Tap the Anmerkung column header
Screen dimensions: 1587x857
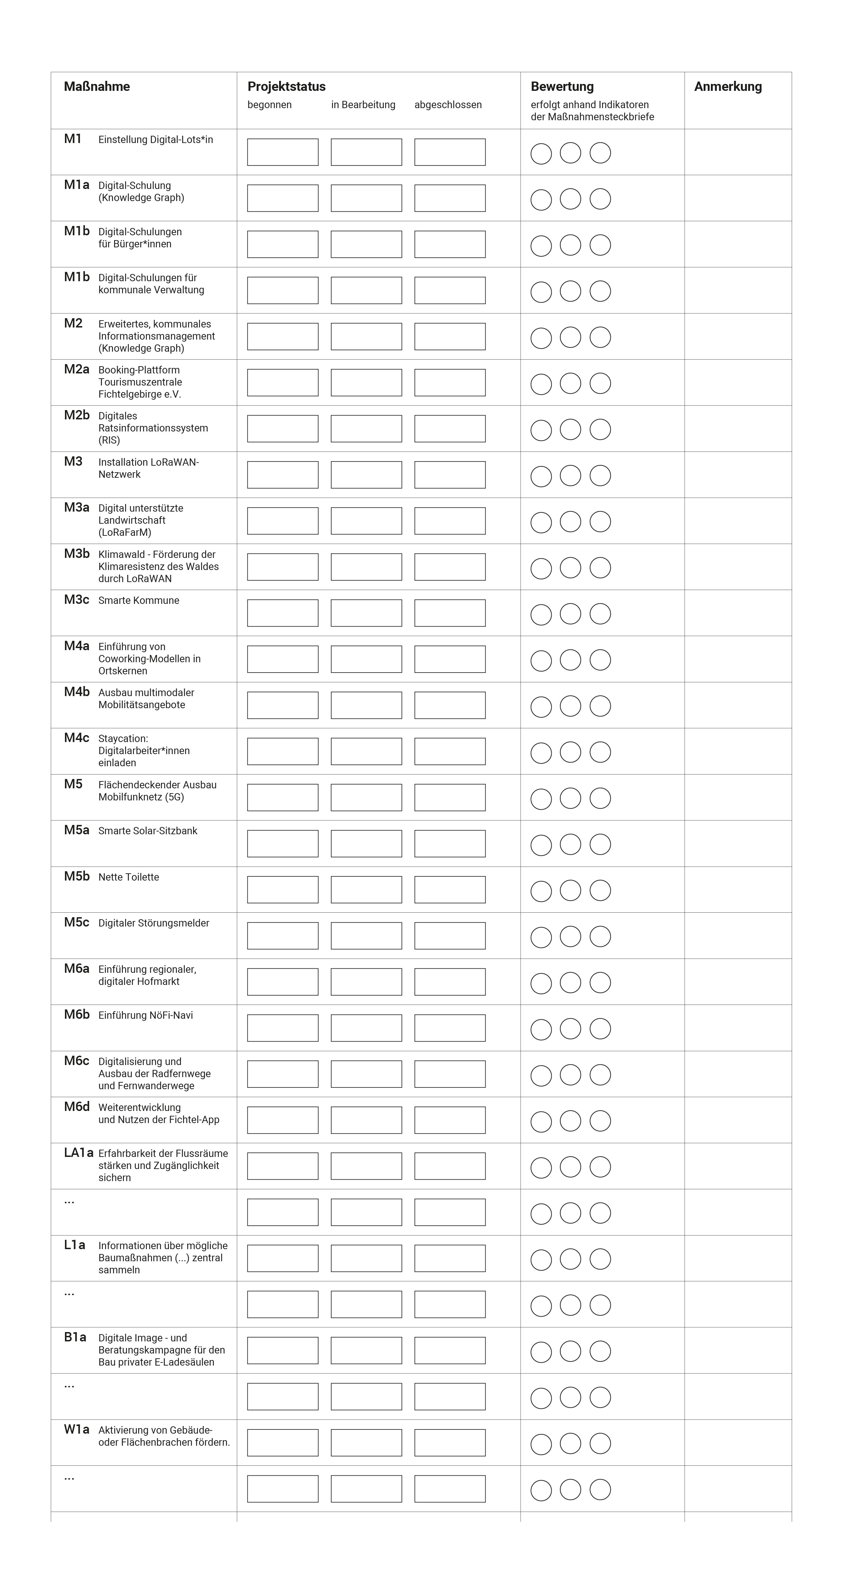pyautogui.click(x=727, y=86)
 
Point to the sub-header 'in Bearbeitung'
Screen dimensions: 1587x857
pyautogui.click(x=363, y=105)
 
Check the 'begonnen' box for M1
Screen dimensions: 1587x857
pyautogui.click(x=283, y=152)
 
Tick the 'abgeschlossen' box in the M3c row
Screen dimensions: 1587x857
pyautogui.click(x=450, y=613)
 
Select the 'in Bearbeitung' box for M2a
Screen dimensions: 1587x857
pyautogui.click(x=366, y=382)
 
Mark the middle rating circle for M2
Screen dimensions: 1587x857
pyautogui.click(x=570, y=337)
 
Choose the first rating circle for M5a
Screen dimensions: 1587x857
pyautogui.click(x=541, y=845)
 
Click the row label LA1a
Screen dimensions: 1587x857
pyautogui.click(x=78, y=1153)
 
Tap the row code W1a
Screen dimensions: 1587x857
pyautogui.click(x=76, y=1429)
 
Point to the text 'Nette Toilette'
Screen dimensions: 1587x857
pyautogui.click(x=129, y=877)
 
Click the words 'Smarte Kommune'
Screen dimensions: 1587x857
pyautogui.click(x=139, y=601)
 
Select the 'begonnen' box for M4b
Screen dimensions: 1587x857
pyautogui.click(x=283, y=705)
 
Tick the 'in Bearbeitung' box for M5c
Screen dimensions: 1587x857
pyautogui.click(x=366, y=936)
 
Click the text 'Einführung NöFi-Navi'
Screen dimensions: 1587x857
pyautogui.click(x=145, y=1015)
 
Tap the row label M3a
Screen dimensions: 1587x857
pyautogui.click(x=76, y=508)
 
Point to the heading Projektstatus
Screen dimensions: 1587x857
pyautogui.click(x=286, y=86)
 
